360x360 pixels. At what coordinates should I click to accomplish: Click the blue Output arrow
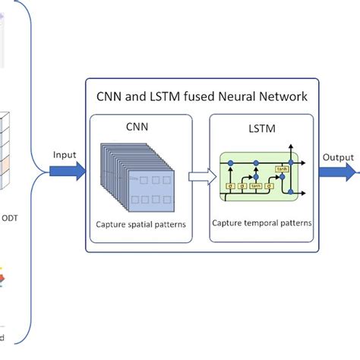pyautogui.click(x=334, y=173)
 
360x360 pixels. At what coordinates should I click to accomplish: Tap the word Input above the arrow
pyautogui.click(x=65, y=155)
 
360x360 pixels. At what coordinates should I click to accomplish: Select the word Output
pyautogui.click(x=336, y=157)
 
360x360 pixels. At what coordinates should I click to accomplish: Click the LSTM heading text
pyautogui.click(x=261, y=129)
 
